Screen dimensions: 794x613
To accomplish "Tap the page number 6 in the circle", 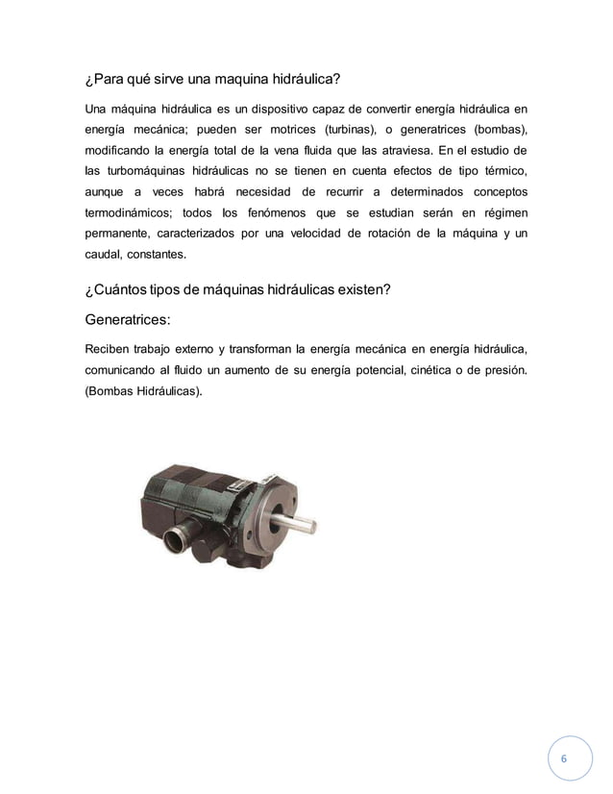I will tap(563, 758).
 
